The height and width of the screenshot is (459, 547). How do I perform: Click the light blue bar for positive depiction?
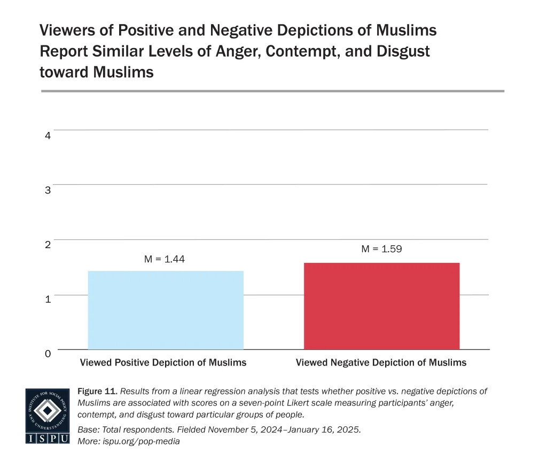click(166, 310)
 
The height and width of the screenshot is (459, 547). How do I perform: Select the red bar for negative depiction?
click(381, 306)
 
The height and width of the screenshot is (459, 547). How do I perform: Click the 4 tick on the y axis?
click(48, 136)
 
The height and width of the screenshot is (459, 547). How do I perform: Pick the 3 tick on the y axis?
click(48, 190)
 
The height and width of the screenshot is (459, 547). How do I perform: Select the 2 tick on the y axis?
click(48, 245)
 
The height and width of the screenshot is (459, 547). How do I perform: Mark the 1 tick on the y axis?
click(48, 299)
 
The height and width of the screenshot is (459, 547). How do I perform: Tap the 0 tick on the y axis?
click(48, 353)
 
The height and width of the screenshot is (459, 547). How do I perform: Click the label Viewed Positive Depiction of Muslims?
click(163, 363)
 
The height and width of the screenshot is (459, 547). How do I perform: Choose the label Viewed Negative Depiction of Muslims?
click(381, 363)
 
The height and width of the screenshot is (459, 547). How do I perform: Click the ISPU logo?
click(48, 416)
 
